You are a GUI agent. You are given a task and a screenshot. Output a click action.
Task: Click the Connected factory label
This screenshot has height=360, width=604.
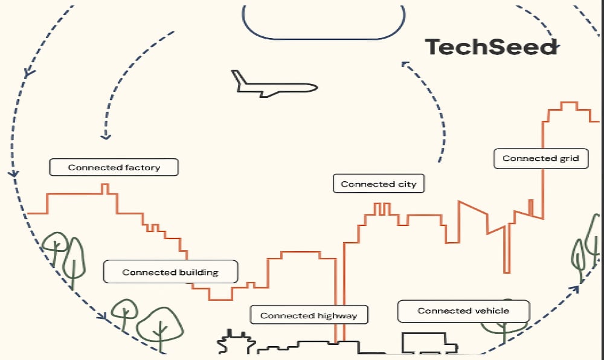(114, 167)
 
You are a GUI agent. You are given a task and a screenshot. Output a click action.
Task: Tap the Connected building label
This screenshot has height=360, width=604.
(170, 272)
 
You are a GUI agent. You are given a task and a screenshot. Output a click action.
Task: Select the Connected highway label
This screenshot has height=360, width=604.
(309, 315)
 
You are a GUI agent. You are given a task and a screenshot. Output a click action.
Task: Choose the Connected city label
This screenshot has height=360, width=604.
(379, 184)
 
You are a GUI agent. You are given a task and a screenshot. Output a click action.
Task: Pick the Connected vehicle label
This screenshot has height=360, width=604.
(463, 311)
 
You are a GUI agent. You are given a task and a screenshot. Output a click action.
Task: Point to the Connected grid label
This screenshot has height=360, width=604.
(541, 158)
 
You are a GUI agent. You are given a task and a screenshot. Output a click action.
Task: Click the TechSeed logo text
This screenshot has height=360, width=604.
(491, 47)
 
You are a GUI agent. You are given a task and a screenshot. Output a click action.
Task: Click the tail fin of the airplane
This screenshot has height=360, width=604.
(239, 78)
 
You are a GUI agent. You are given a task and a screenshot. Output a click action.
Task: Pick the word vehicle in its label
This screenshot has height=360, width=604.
(489, 311)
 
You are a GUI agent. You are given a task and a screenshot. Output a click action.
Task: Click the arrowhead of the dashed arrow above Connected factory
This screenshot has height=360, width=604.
(106, 135)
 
